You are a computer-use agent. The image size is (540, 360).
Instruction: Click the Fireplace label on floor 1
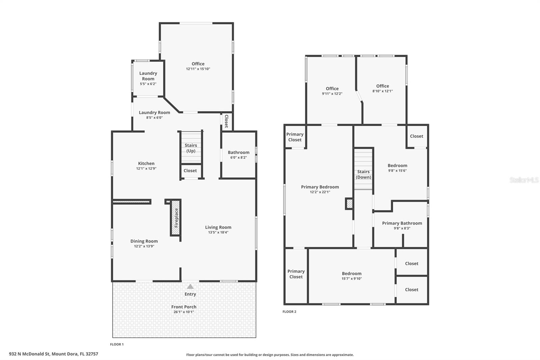coord(176,218)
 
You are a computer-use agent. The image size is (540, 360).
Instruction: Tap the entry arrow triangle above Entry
coord(190,286)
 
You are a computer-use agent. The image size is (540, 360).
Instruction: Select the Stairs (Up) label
coord(191,148)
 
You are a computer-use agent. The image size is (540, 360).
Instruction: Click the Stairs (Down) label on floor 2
coord(363,174)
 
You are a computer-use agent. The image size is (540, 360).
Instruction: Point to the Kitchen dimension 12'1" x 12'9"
coord(146,169)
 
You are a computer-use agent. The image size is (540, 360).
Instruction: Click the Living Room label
coord(218,227)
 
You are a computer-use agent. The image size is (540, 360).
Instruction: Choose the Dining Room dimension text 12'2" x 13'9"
coord(144,246)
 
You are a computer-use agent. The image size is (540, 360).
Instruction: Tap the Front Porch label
coord(184,307)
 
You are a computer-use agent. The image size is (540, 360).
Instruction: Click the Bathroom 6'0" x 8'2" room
coord(238,155)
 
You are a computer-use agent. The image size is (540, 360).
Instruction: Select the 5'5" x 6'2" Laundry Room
coord(148,78)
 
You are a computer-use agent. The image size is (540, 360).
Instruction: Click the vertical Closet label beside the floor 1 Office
coord(226,121)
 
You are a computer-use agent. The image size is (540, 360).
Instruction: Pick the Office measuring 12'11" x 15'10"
coord(198,66)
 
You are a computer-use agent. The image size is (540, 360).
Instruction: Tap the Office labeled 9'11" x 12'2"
coord(332,91)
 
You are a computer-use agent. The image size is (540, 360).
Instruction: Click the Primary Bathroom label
coord(402,223)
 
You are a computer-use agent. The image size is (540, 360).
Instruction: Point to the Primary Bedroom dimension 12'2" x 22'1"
coord(320,192)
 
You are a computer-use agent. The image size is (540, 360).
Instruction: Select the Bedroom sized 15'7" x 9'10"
coord(351,276)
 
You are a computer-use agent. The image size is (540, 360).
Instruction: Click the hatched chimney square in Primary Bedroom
coord(349,204)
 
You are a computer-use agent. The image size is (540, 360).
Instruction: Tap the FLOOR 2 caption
coord(289,312)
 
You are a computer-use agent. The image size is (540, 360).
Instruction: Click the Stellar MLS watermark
coord(524,180)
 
